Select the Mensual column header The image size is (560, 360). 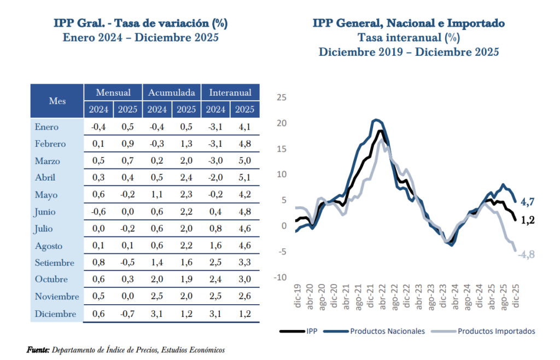(113, 92)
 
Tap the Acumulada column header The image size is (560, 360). (172, 92)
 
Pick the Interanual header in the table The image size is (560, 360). (230, 92)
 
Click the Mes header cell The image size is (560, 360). (57, 101)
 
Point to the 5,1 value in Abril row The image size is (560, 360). (244, 178)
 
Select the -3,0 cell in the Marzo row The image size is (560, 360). (215, 161)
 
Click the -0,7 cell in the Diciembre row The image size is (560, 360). (127, 314)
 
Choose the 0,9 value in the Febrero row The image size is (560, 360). (127, 144)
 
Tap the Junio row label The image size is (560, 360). (46, 212)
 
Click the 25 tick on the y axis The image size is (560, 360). (282, 97)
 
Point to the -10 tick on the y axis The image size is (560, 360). (280, 277)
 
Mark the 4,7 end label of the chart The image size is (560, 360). (527, 202)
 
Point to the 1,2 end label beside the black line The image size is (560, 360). (527, 220)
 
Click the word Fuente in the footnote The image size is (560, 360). (38, 350)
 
